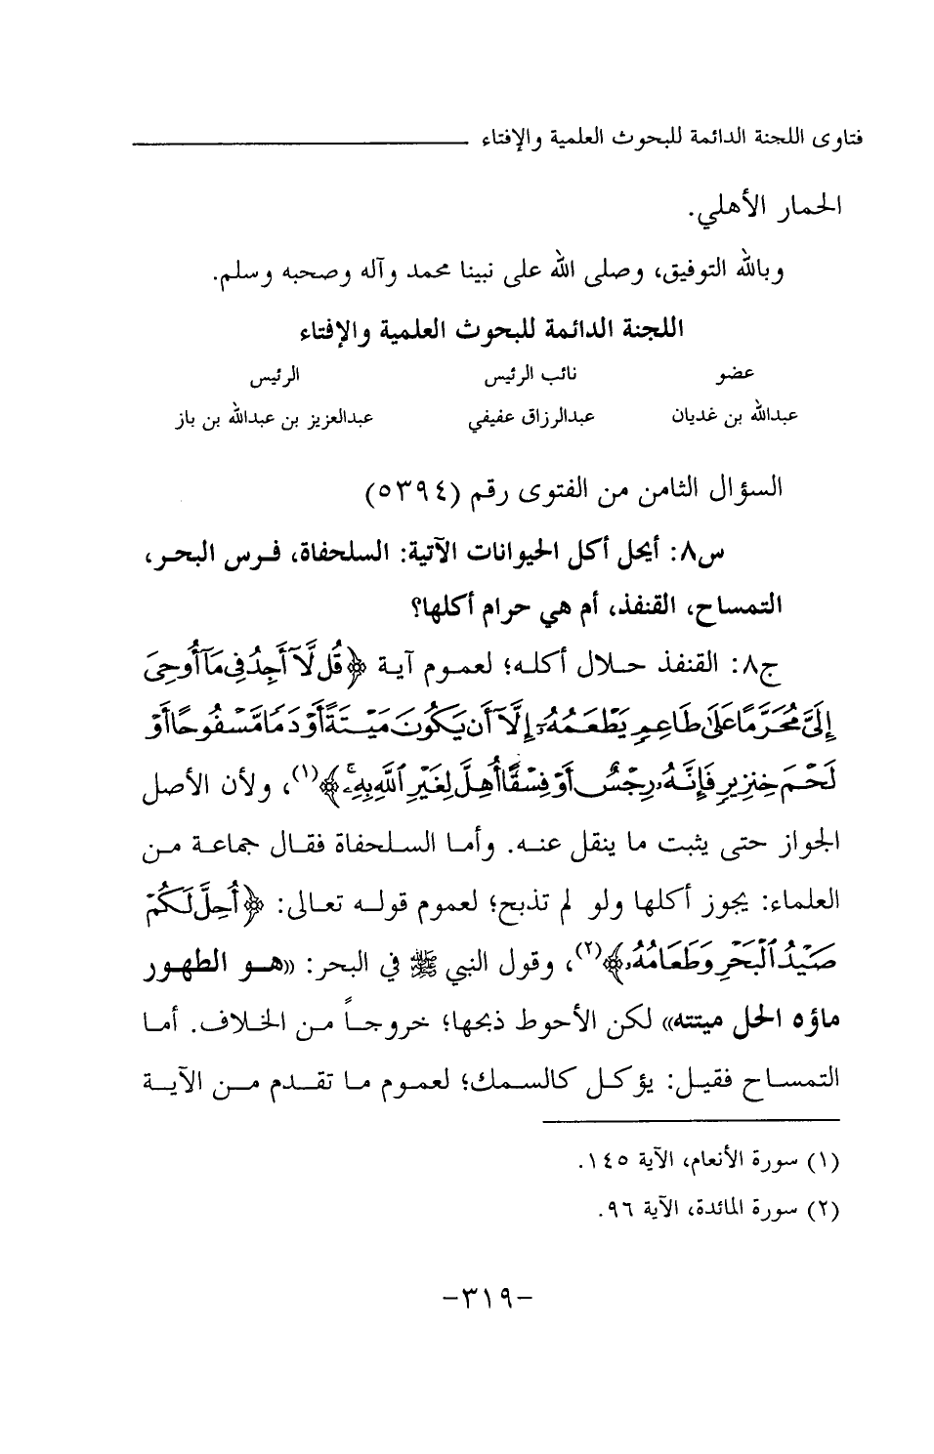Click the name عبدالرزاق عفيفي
point(530,417)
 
